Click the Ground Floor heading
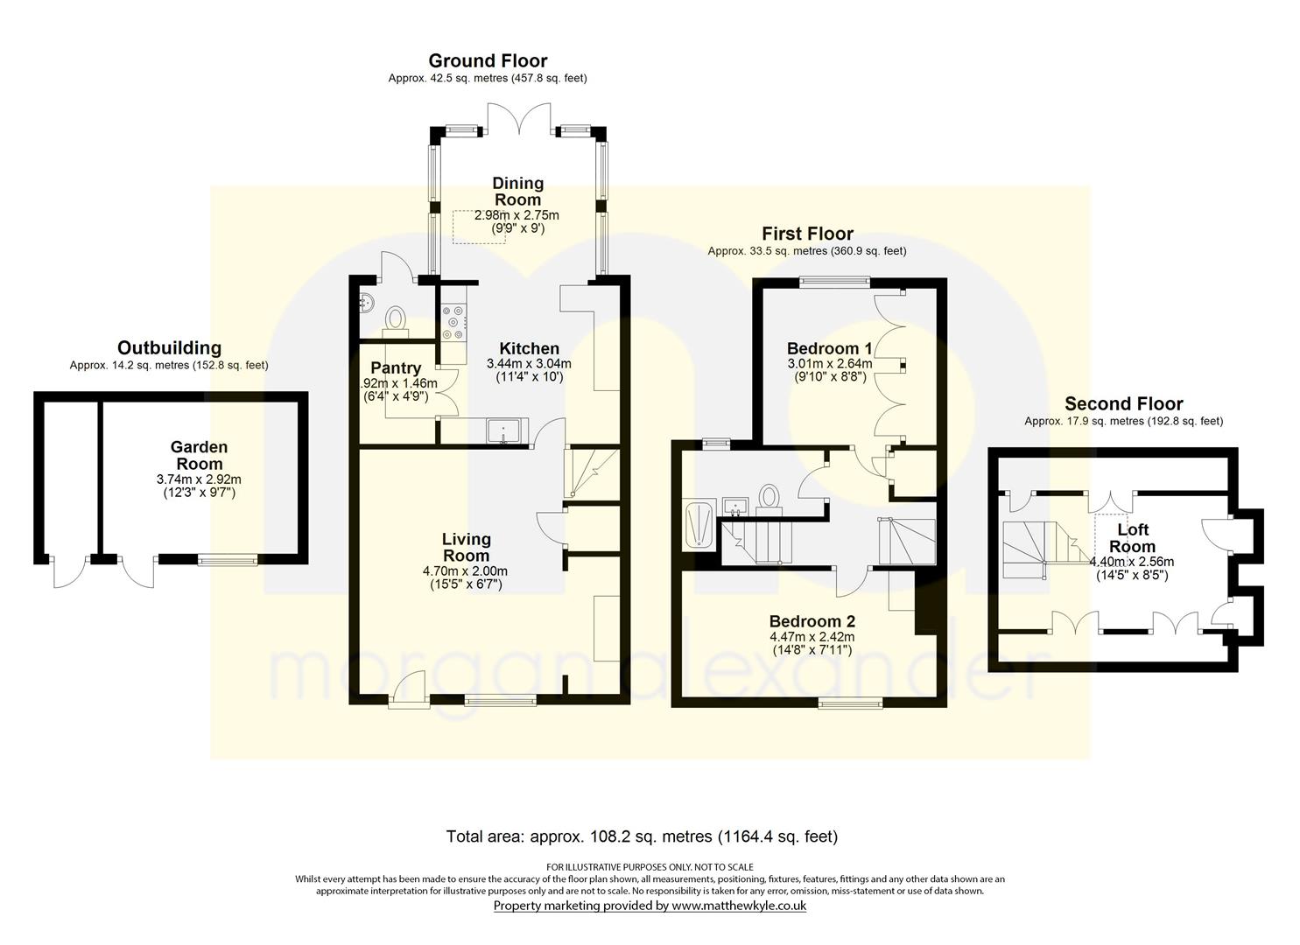click(x=488, y=60)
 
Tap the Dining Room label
click(x=517, y=191)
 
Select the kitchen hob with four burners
click(x=453, y=321)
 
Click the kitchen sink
click(x=504, y=430)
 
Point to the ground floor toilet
click(x=396, y=318)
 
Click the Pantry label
click(x=396, y=368)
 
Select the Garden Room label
click(x=199, y=455)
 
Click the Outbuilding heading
click(x=169, y=348)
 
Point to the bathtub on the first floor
click(x=699, y=524)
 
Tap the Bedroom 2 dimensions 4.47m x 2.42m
click(x=812, y=636)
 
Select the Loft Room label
click(x=1132, y=538)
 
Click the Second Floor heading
click(x=1123, y=403)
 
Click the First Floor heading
click(x=806, y=234)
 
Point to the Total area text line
click(x=642, y=836)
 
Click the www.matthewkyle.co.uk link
click(x=738, y=906)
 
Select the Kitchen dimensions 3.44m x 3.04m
click(x=529, y=363)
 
